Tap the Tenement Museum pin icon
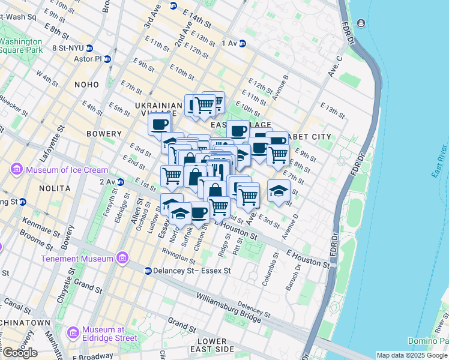(x=122, y=259)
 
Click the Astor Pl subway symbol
(x=107, y=59)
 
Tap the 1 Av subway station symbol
(x=243, y=43)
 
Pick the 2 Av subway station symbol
(x=120, y=181)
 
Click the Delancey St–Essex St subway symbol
(x=148, y=271)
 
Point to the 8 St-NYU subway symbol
(x=89, y=48)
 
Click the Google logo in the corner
(x=19, y=353)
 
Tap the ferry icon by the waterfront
(x=360, y=23)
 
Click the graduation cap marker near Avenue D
(x=279, y=191)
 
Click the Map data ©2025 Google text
(x=411, y=355)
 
